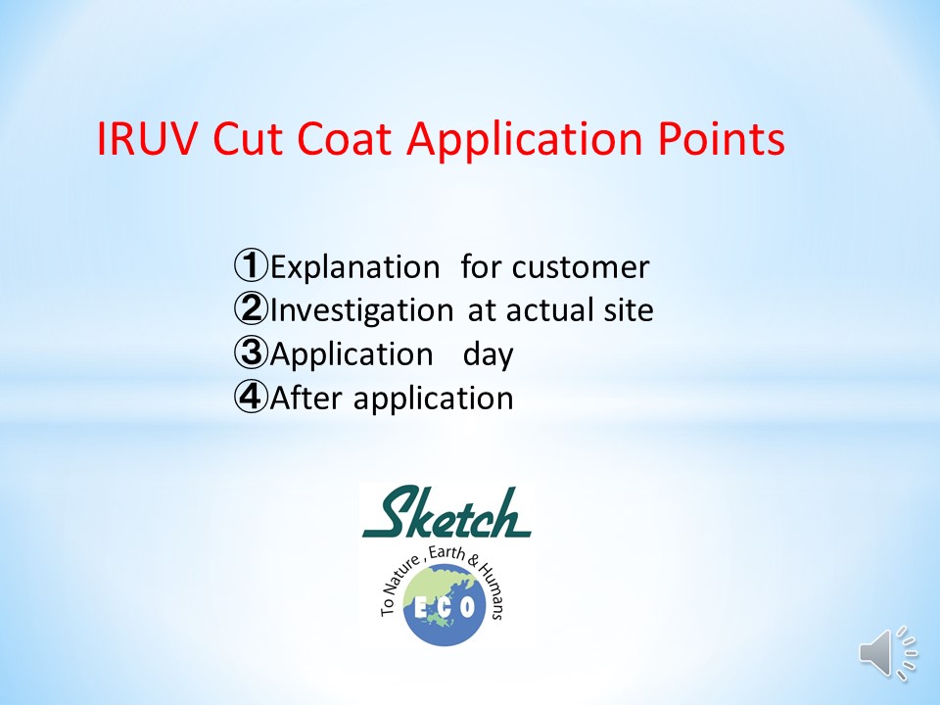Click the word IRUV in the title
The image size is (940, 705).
click(146, 138)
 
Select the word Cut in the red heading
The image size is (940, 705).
click(247, 138)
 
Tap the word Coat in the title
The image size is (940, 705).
click(344, 138)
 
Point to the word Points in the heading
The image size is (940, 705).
click(722, 138)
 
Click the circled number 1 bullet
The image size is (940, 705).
click(251, 265)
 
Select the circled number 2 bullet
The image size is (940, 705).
click(251, 308)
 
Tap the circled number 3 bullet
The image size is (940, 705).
click(251, 352)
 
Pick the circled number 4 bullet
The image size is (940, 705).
click(251, 397)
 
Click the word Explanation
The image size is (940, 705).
click(354, 268)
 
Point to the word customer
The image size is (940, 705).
click(581, 268)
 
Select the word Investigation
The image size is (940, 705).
click(361, 311)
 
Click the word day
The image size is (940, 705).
click(488, 354)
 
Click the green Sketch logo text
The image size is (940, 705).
click(446, 512)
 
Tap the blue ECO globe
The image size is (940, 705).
click(445, 607)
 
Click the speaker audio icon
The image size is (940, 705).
click(887, 653)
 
